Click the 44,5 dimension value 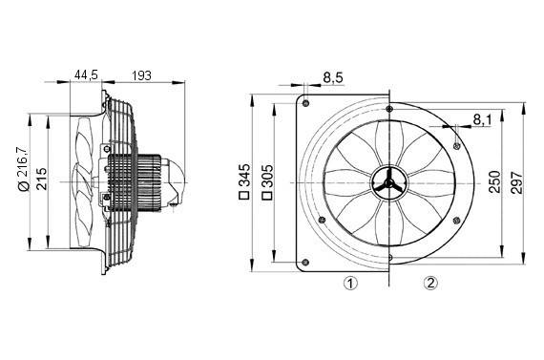(x=87, y=74)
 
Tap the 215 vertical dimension (x=42, y=180)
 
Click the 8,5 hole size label (x=334, y=76)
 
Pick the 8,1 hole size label (x=483, y=119)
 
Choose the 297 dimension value (x=516, y=180)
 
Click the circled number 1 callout (x=351, y=283)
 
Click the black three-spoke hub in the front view (x=389, y=180)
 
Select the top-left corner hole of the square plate (x=306, y=98)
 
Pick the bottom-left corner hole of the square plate (x=306, y=263)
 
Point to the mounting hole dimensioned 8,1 (x=458, y=143)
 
